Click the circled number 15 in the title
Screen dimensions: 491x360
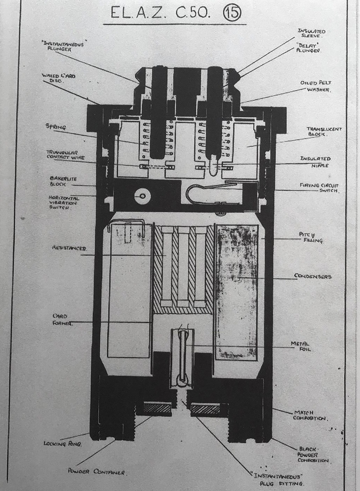pos(232,13)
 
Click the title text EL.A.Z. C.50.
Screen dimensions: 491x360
pos(160,13)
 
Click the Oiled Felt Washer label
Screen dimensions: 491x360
pos(316,86)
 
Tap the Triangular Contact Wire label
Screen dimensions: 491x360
pos(65,155)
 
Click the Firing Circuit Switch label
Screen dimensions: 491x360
pos(319,188)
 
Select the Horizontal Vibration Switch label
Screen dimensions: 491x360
pos(64,202)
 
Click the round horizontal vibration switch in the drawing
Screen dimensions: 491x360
pos(142,197)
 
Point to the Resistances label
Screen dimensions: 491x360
pos(69,248)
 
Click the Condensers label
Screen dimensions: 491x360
pos(313,276)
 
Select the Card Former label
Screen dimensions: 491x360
pos(63,320)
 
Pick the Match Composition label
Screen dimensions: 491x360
pos(309,415)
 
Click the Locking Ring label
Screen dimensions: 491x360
pos(62,444)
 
